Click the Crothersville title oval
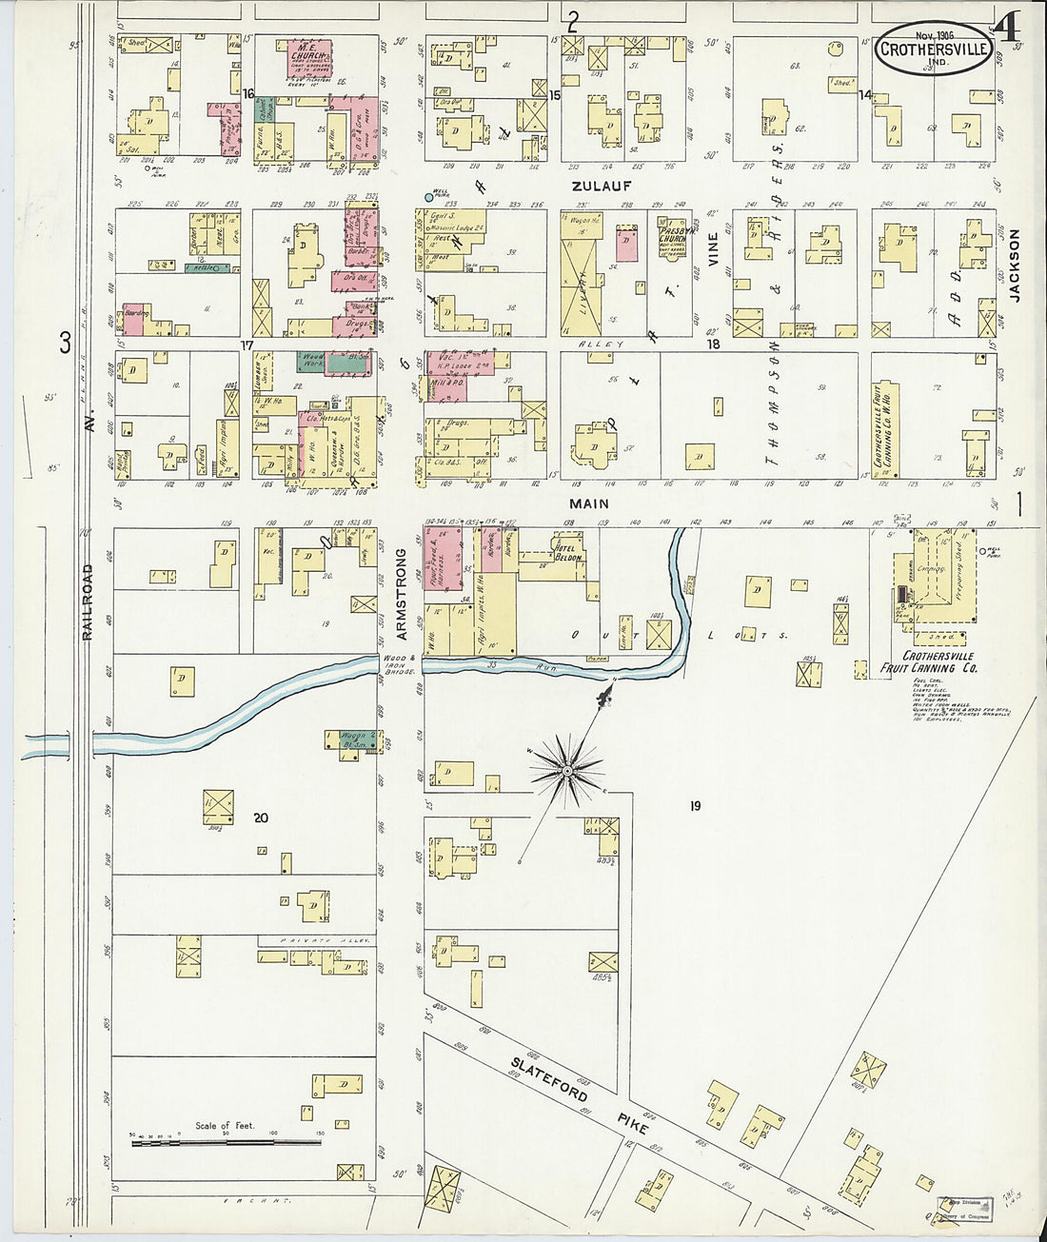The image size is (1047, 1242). click(x=932, y=49)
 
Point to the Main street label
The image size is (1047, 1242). click(x=588, y=503)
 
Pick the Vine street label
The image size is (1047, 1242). click(x=712, y=248)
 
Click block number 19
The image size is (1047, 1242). click(x=695, y=806)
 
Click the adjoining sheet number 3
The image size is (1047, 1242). click(x=65, y=344)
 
